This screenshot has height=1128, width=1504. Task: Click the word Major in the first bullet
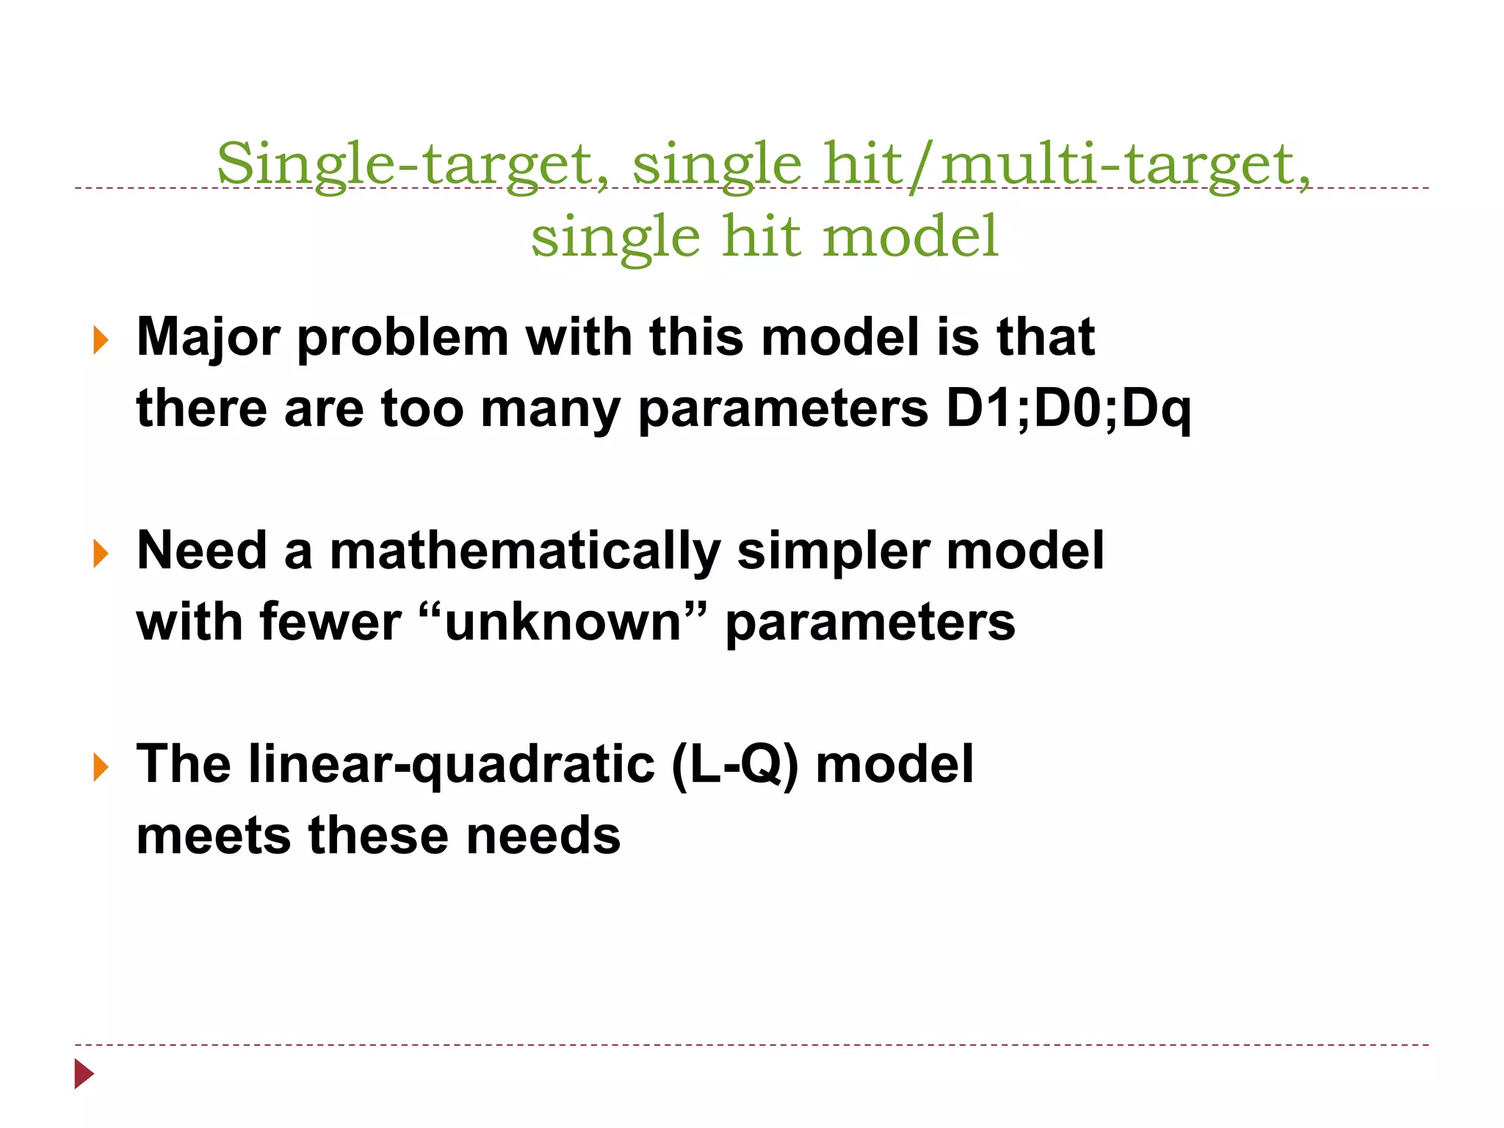pos(208,338)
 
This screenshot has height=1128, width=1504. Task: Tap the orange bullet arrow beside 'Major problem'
pos(101,341)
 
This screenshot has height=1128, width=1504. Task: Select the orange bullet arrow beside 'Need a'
pos(101,554)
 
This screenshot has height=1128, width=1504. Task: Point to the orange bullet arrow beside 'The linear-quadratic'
pos(101,767)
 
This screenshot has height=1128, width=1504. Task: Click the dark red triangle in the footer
pos(84,1074)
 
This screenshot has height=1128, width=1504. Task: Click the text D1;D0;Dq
pos(1069,408)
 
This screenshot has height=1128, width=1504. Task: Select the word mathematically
pos(525,551)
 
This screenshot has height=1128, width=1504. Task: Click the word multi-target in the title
pos(1124,164)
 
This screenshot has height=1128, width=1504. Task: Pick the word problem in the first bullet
pos(402,338)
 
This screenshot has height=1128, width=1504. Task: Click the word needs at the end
pos(543,836)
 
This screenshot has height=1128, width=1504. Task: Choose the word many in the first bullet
pos(551,408)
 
